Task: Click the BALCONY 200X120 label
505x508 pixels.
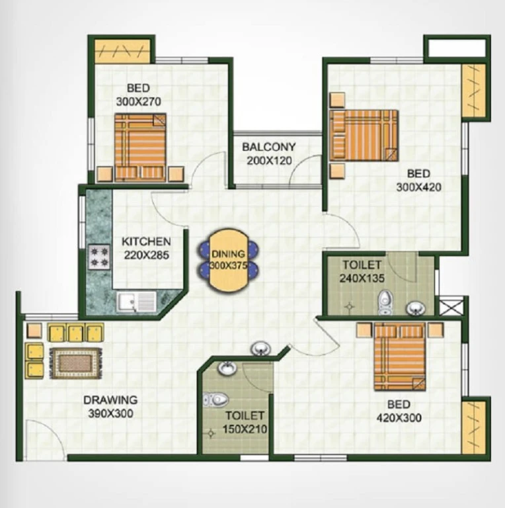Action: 269,154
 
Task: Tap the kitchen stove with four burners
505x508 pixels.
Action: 99,257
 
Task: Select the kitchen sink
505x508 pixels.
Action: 136,301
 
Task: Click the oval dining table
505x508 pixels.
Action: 228,261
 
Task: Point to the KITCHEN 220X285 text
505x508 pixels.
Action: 146,248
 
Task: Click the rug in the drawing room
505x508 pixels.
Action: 76,363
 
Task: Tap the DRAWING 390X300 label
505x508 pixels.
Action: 110,407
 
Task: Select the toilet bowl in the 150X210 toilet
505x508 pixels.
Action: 215,400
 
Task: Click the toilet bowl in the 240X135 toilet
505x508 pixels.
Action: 385,302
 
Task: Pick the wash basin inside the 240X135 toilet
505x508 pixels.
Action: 415,308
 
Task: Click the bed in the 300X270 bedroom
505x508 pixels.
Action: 140,147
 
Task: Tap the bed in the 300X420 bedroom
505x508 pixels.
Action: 364,135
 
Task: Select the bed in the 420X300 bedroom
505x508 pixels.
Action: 399,357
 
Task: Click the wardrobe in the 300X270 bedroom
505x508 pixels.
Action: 122,51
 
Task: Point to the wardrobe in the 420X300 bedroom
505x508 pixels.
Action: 473,428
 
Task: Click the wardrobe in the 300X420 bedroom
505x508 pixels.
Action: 473,91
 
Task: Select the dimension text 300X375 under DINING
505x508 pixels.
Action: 228,266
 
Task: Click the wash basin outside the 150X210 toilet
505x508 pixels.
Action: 260,349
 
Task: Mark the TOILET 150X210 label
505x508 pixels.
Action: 245,423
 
